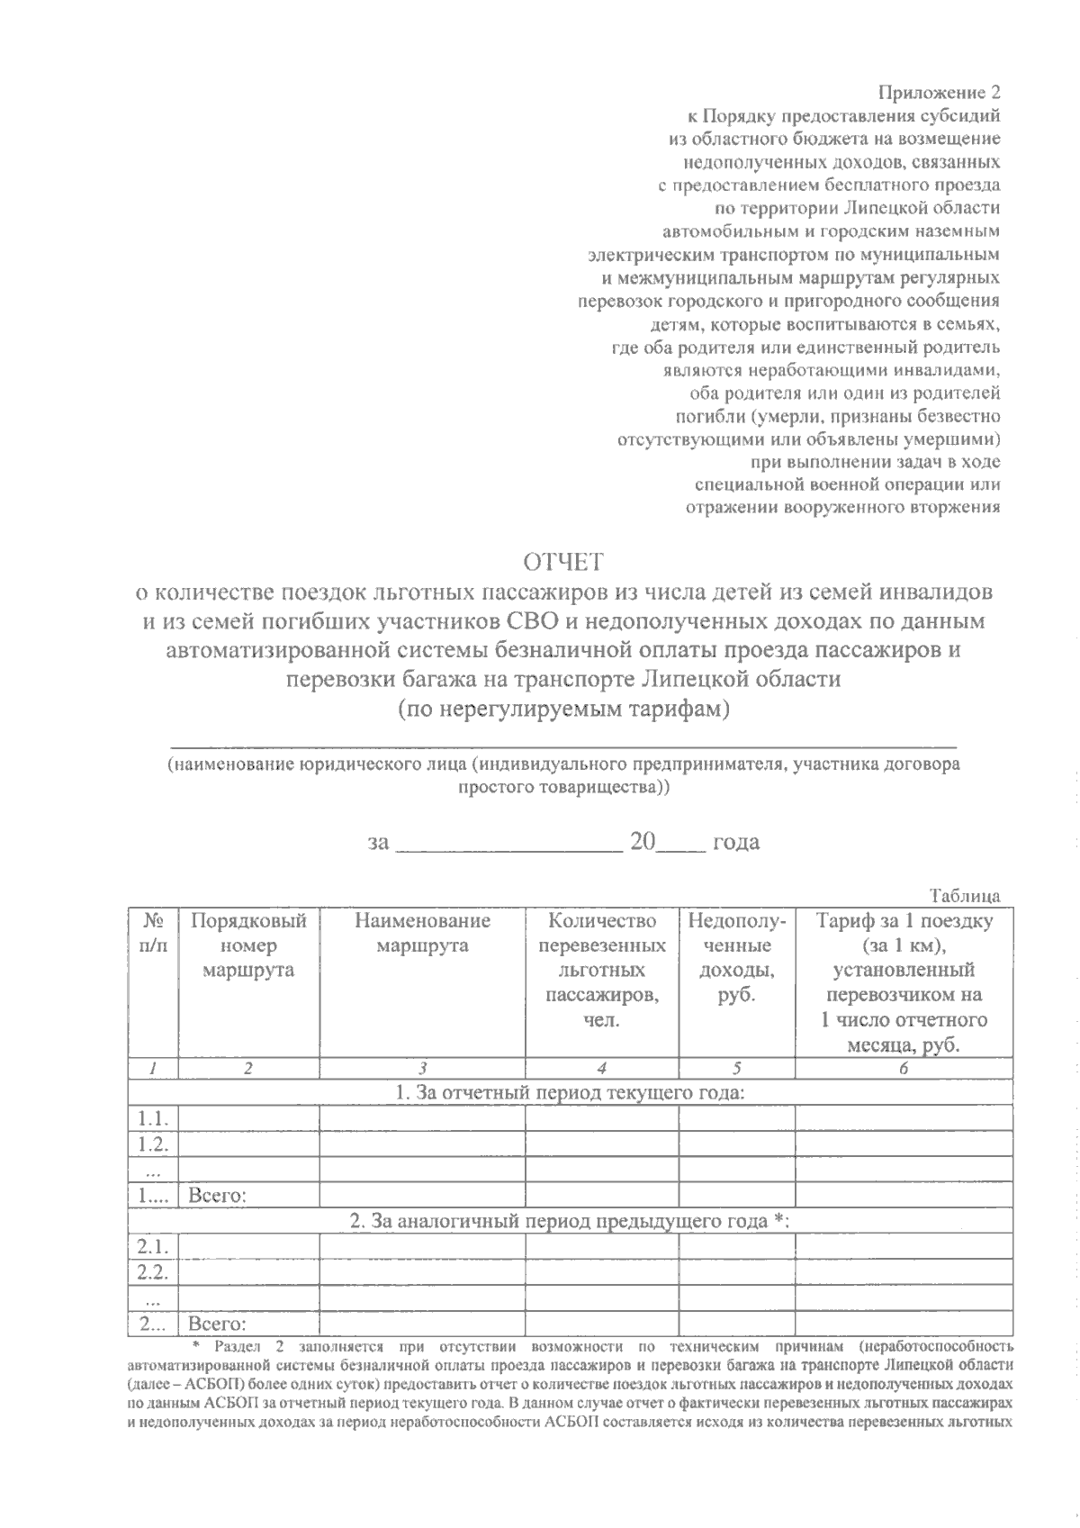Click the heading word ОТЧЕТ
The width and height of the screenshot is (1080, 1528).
coord(563,563)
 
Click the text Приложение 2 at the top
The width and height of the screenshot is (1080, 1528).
coord(939,93)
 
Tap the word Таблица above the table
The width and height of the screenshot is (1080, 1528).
coord(966,896)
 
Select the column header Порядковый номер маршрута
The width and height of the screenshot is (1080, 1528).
coord(248,945)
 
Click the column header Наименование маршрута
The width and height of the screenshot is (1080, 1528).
coord(422,933)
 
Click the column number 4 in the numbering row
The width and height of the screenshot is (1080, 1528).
coord(601,1069)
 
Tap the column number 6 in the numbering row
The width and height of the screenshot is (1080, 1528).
coord(903,1069)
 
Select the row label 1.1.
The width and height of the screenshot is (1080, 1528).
coord(153,1119)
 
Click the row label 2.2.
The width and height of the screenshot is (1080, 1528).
coord(153,1272)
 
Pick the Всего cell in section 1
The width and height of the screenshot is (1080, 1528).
coord(218,1196)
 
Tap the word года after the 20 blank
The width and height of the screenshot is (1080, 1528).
coord(735,842)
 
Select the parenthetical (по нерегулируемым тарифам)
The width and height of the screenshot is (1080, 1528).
coord(563,709)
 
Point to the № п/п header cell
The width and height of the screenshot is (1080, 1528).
coord(153,933)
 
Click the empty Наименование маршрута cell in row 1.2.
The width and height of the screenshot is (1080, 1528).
coord(422,1144)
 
